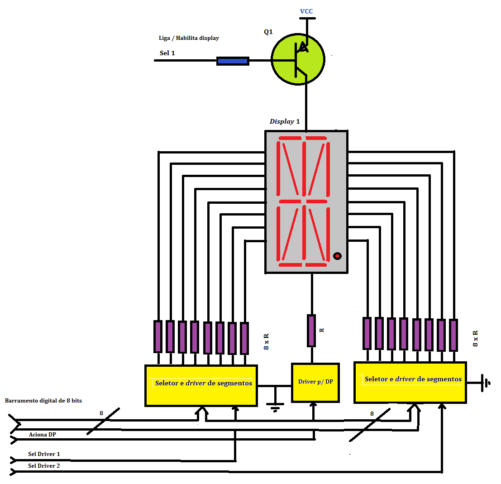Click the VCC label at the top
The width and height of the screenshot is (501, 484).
306,11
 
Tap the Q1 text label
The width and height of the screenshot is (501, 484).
268,32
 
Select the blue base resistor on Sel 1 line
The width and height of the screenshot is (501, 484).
233,61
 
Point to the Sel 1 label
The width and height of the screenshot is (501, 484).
167,53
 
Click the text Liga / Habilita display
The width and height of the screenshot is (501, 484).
189,38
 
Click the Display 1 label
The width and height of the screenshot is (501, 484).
285,121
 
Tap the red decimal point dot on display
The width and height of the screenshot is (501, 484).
337,256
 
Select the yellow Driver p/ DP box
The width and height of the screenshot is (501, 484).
315,382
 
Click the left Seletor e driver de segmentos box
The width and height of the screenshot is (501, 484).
201,385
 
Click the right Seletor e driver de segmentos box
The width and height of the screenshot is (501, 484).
410,382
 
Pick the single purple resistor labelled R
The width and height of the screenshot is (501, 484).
311,331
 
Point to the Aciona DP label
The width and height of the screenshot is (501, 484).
43,434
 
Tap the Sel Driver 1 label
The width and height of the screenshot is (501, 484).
44,454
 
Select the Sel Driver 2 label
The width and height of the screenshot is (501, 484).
44,465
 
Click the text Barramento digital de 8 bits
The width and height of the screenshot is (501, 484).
43,401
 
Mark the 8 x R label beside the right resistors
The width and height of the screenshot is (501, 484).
476,338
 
